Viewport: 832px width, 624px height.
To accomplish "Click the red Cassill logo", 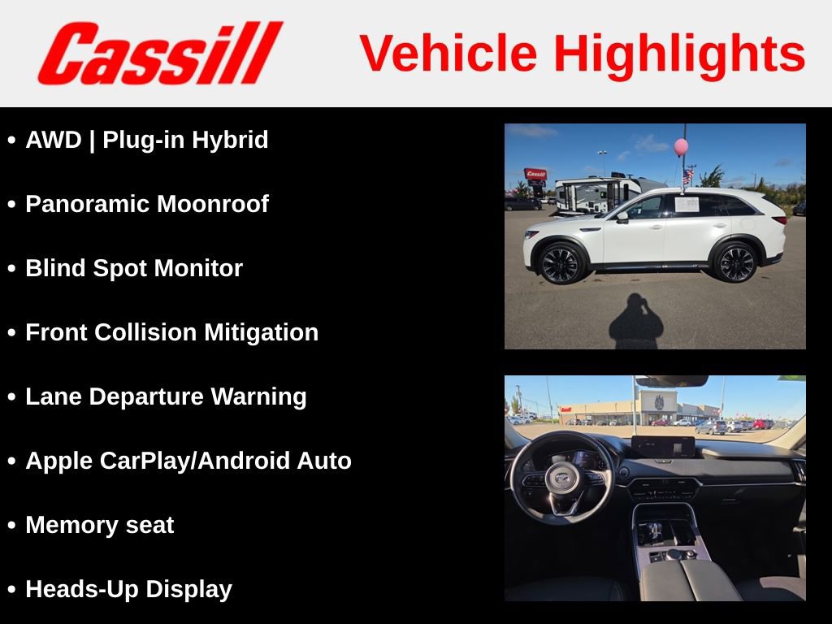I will pyautogui.click(x=159, y=53).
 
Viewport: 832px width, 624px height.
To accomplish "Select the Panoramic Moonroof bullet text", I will pyautogui.click(x=147, y=204).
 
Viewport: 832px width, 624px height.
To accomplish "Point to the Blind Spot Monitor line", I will pyautogui.click(x=134, y=268).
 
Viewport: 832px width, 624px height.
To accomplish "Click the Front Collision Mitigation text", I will pyautogui.click(x=172, y=332).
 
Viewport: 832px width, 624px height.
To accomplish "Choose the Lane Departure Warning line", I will pyautogui.click(x=166, y=396).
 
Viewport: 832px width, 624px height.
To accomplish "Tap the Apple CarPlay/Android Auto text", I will pyautogui.click(x=188, y=461).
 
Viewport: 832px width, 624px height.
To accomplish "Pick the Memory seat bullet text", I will pyautogui.click(x=100, y=525).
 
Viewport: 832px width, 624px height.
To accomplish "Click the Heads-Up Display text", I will pyautogui.click(x=128, y=589).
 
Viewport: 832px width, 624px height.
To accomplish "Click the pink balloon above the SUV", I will pyautogui.click(x=681, y=146).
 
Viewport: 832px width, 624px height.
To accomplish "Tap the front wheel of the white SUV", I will pyautogui.click(x=561, y=262).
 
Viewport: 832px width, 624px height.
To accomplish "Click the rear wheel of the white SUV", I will pyautogui.click(x=736, y=262).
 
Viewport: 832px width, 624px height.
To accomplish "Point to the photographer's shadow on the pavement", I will pyautogui.click(x=636, y=322).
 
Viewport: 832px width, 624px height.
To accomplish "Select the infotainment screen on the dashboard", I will pyautogui.click(x=663, y=447).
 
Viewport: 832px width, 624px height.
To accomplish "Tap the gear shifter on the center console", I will pyautogui.click(x=654, y=532).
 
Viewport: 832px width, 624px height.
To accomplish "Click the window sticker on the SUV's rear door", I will pyautogui.click(x=687, y=203).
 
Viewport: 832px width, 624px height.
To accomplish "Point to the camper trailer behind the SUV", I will pyautogui.click(x=597, y=193).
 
